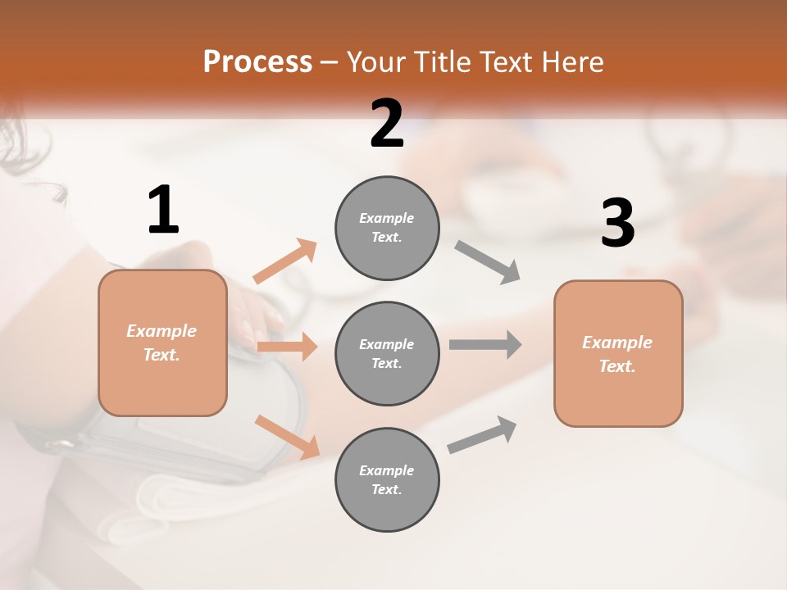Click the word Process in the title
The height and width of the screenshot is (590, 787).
[257, 62]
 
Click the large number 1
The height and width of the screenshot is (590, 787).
[163, 211]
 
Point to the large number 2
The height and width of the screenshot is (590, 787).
[387, 124]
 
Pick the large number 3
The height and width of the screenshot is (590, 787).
[617, 224]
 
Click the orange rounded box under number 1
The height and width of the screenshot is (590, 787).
[162, 343]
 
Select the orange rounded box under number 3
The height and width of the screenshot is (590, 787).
[618, 354]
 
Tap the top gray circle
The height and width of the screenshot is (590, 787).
[387, 228]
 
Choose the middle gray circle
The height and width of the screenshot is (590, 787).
[387, 353]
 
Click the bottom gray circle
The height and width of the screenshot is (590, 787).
[387, 479]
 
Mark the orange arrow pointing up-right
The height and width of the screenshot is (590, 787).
[285, 261]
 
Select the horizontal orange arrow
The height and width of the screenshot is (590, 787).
[287, 347]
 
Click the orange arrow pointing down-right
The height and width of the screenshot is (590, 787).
[287, 436]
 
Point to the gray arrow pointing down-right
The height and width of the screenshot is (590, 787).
[488, 262]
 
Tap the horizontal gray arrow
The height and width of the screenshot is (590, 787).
[485, 344]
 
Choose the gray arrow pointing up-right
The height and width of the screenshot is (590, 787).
[482, 434]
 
